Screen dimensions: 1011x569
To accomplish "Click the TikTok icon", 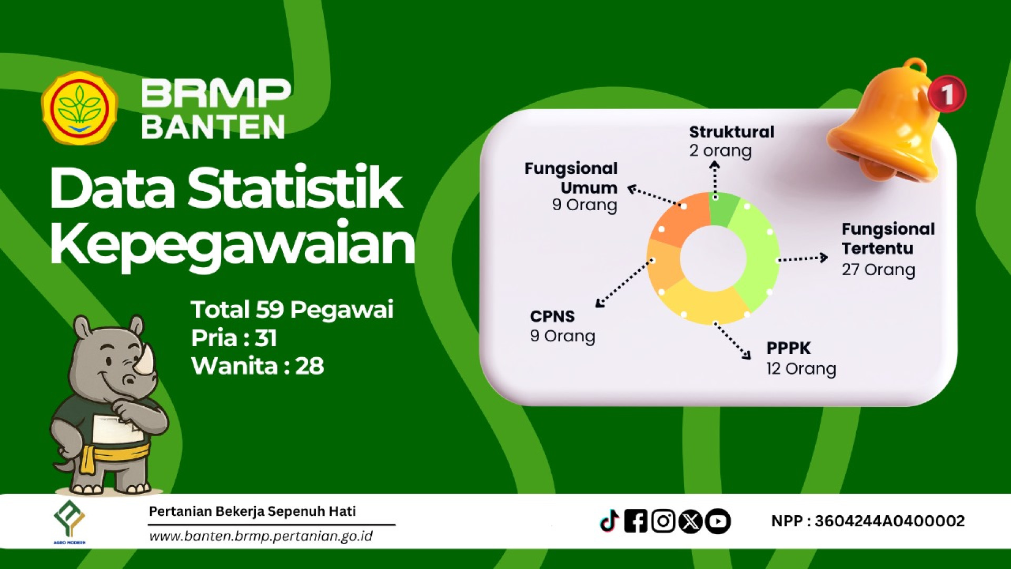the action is coord(609,521).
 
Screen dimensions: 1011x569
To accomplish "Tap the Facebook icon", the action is coord(636,521).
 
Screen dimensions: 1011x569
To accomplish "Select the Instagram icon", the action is coord(663,521).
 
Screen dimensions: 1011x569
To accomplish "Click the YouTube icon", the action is coord(718,522).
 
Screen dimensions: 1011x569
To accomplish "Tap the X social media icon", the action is coord(690,522).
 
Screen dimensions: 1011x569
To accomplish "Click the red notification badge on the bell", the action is coord(947,94).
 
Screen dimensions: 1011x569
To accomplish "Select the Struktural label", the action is coord(732,132).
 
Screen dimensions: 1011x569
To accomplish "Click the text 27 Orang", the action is coord(878,270).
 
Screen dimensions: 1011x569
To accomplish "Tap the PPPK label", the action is coord(788,348).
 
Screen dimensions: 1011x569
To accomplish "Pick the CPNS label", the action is coord(552,316).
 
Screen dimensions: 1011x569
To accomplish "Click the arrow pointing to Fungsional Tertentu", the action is coord(803,258).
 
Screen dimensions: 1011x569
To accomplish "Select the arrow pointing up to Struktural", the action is coord(715,180).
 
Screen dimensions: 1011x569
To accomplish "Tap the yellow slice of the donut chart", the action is coord(705,302).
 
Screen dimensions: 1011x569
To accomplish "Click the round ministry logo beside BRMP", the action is coord(80,109).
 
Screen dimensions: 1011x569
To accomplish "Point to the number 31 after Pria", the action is coord(266,338).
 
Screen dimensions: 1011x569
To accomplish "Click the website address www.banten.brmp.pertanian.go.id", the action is coord(261,536).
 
